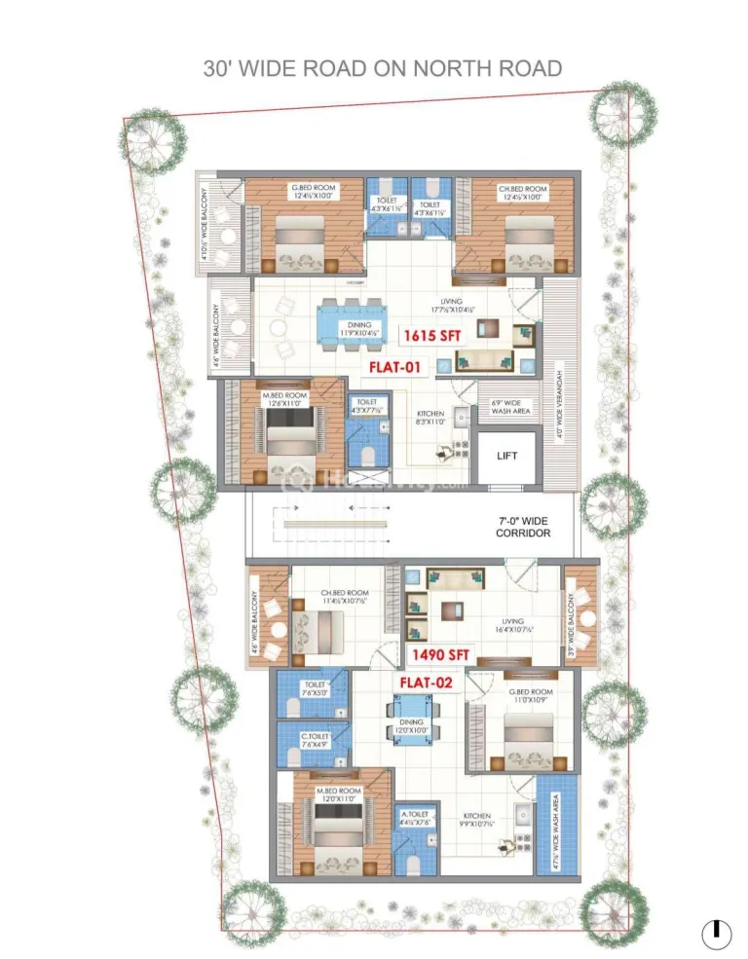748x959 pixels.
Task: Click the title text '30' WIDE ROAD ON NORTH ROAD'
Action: click(382, 68)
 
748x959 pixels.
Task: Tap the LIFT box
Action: click(506, 456)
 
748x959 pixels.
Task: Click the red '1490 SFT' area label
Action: click(442, 653)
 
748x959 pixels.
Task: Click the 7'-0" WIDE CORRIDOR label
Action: click(523, 527)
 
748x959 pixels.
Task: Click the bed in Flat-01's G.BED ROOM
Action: click(298, 239)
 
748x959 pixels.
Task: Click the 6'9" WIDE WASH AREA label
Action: click(508, 407)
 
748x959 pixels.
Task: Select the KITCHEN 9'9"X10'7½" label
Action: click(477, 820)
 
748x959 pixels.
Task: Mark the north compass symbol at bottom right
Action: click(716, 932)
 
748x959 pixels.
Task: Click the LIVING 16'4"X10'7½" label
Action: click(512, 626)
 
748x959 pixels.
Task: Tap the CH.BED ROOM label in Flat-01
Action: click(522, 193)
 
